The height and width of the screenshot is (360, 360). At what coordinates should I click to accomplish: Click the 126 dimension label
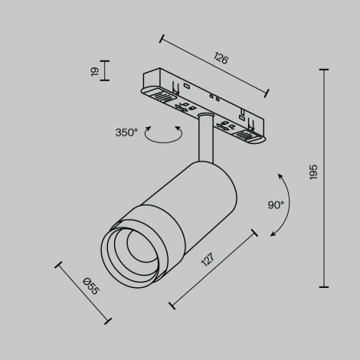[x=221, y=58]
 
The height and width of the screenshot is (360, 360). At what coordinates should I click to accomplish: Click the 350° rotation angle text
[x=126, y=133]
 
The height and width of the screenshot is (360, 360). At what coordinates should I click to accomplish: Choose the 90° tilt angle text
[x=276, y=205]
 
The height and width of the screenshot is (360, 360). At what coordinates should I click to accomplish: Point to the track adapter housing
[x=204, y=103]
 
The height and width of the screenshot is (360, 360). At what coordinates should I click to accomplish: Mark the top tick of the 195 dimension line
[x=323, y=70]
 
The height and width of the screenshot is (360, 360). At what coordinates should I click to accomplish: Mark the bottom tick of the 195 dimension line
[x=323, y=286]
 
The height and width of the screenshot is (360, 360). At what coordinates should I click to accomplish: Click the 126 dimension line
[x=214, y=66]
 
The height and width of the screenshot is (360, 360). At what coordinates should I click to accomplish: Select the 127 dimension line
[x=214, y=268]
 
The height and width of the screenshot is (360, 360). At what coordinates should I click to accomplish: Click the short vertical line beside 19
[x=105, y=71]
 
